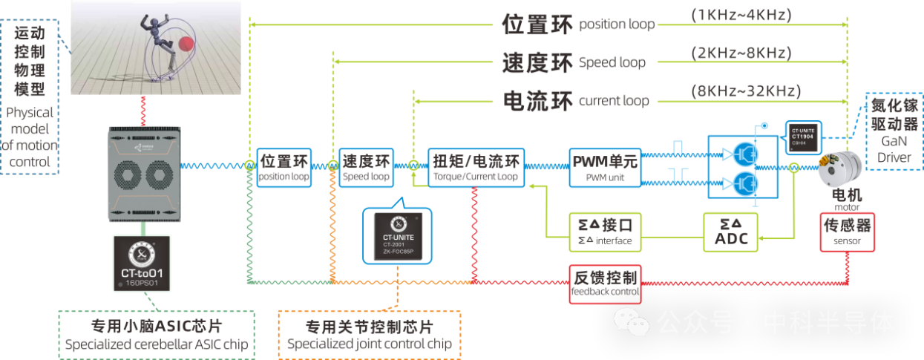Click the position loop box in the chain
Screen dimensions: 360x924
284,168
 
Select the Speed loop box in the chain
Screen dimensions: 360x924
366,168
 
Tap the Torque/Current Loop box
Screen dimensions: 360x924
476,168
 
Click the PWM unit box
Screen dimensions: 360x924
604,168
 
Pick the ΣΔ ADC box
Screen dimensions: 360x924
731,231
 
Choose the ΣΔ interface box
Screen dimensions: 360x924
604,231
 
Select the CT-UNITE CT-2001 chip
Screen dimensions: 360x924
399,235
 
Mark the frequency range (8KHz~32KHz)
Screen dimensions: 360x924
746,92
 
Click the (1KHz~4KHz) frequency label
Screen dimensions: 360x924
740,15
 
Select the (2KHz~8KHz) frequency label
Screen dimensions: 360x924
740,53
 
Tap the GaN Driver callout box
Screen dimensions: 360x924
893,132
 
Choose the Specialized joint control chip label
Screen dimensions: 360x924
369,335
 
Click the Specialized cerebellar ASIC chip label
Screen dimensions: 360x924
157,336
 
